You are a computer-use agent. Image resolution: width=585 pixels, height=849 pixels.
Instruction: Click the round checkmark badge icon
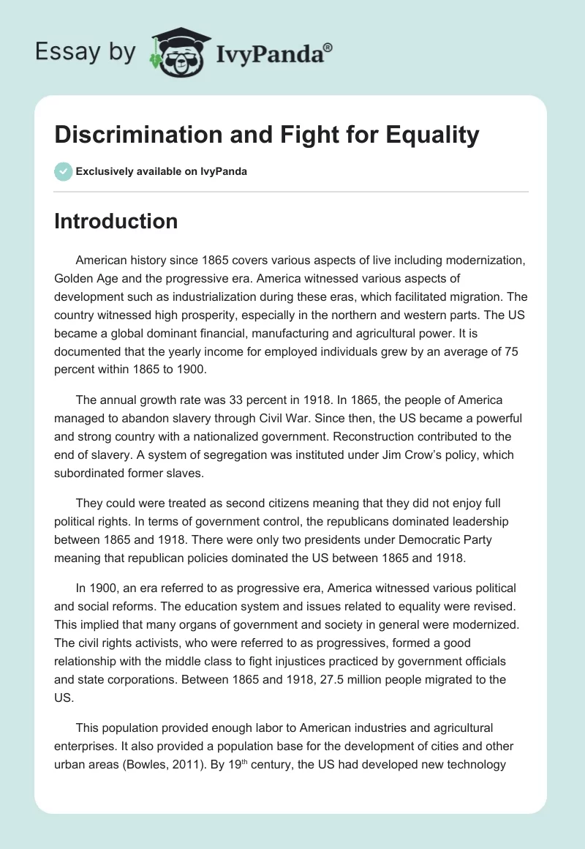(x=63, y=171)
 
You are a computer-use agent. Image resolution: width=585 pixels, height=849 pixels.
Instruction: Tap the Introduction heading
(x=116, y=221)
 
